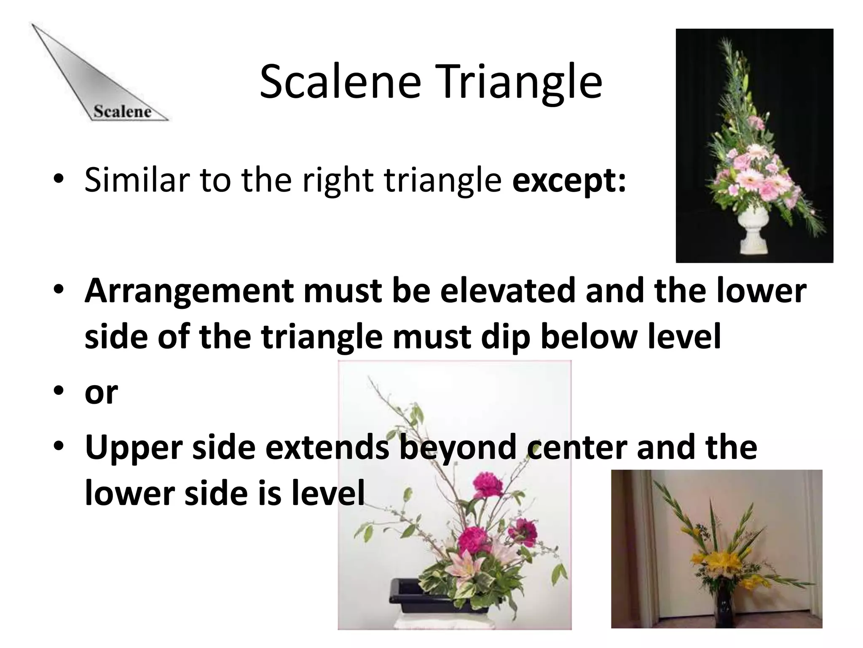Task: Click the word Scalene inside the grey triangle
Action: [x=122, y=111]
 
